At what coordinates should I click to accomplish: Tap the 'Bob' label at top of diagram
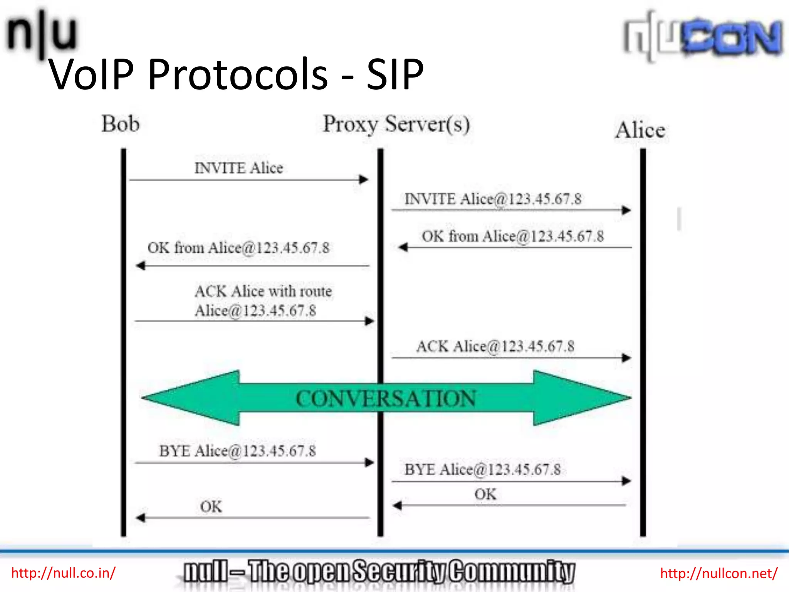coord(120,124)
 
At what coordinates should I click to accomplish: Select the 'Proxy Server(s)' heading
coord(396,124)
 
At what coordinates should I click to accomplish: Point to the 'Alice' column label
coord(640,130)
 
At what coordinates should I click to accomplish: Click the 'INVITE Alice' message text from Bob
coord(238,168)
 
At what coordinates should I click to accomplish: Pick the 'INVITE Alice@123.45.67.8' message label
coord(493,199)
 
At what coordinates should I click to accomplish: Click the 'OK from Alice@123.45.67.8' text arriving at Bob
coord(238,248)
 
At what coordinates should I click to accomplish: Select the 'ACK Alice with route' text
coord(263,291)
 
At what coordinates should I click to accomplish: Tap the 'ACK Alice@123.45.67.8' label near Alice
coord(495,346)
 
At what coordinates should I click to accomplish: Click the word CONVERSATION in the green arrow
coord(386,399)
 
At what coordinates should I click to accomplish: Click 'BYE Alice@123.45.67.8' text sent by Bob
coord(237,451)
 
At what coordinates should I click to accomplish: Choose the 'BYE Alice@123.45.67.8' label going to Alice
coord(482,470)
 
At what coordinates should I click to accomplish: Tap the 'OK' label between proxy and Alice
coord(485,494)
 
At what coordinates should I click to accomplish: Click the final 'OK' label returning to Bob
coord(211,507)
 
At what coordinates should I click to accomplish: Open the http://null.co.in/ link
coord(63,573)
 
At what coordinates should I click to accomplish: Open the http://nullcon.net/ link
coord(719,573)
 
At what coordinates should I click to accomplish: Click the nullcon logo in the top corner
coord(703,37)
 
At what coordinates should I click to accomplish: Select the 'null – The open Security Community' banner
coord(379,572)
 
